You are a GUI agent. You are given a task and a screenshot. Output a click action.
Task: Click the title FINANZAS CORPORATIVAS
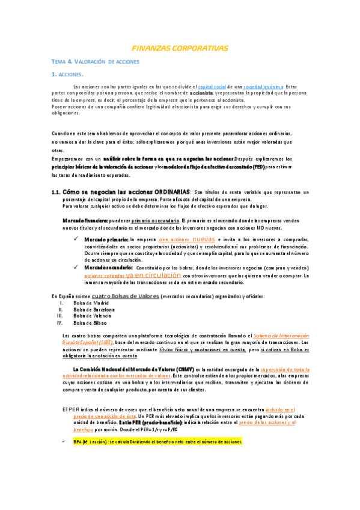[180, 48]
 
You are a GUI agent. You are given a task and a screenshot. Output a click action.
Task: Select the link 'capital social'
[215, 87]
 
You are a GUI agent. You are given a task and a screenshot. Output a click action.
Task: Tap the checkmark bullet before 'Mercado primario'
[74, 239]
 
